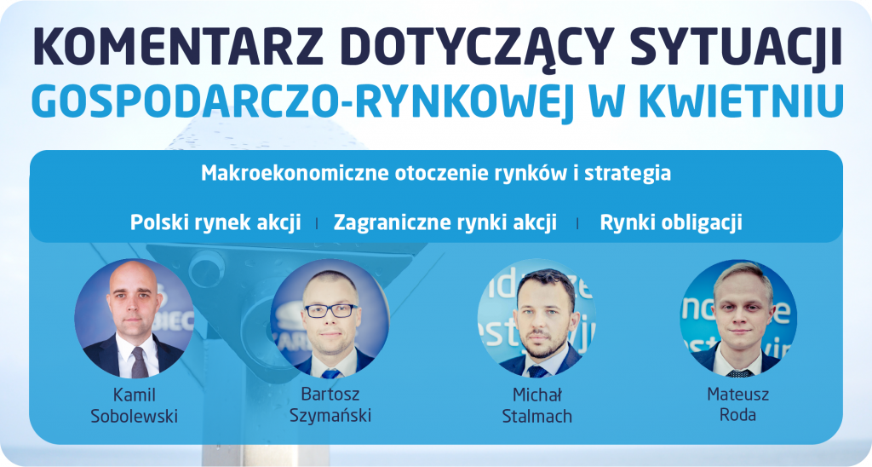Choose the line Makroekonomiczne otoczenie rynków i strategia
click(435, 173)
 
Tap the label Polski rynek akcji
click(215, 222)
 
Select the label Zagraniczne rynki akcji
click(445, 222)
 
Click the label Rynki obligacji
click(671, 222)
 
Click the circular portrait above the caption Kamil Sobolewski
click(134, 319)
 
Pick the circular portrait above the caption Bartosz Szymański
click(330, 319)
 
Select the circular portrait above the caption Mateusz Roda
click(738, 318)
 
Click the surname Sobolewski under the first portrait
click(134, 416)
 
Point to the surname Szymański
click(330, 415)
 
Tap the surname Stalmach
click(536, 416)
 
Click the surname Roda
click(738, 415)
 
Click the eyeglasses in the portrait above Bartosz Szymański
click(330, 310)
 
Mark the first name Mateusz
click(738, 395)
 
